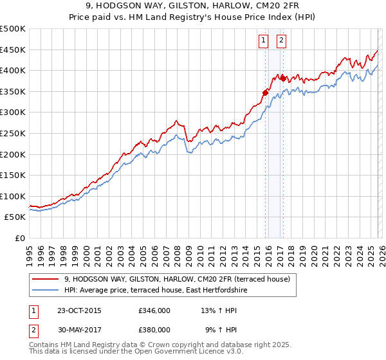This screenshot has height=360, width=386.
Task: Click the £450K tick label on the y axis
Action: [x=13, y=50]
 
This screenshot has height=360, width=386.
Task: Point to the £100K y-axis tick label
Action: [x=13, y=196]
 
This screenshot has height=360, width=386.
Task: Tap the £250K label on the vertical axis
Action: [x=13, y=133]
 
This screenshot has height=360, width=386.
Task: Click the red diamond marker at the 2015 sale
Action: [x=265, y=93]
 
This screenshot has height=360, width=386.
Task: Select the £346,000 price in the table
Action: [x=154, y=310]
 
